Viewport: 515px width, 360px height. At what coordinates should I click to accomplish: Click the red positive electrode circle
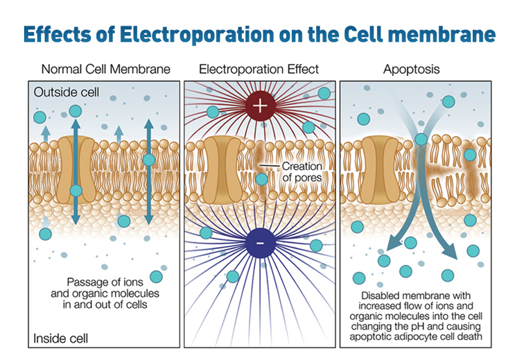point(260,106)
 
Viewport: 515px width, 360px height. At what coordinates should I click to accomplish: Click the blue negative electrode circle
point(260,243)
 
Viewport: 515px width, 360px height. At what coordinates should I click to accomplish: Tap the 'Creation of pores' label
point(302,172)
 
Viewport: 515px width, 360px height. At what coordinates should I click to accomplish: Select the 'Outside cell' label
point(67,92)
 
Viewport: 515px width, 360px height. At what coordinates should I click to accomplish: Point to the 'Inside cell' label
point(61,338)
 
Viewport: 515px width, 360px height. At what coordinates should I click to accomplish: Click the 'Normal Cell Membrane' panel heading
point(106,69)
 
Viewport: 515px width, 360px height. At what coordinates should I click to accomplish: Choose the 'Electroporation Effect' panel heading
point(259,69)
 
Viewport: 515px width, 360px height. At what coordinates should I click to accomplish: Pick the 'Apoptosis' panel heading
point(412,69)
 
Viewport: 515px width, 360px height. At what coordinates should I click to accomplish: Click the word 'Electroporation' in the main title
point(196,35)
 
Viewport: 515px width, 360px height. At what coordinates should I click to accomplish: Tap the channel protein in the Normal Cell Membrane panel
point(76,170)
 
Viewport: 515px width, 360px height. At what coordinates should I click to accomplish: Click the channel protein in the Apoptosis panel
point(381,170)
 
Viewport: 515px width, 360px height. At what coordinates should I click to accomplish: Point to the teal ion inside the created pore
point(262,179)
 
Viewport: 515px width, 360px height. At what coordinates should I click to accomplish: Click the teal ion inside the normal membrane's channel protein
point(76,191)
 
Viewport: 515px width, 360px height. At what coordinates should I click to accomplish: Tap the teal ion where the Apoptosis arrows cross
point(421,139)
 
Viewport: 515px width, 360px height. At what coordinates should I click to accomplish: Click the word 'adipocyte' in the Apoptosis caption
point(418,336)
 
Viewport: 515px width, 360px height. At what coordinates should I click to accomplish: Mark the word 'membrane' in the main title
point(442,35)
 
